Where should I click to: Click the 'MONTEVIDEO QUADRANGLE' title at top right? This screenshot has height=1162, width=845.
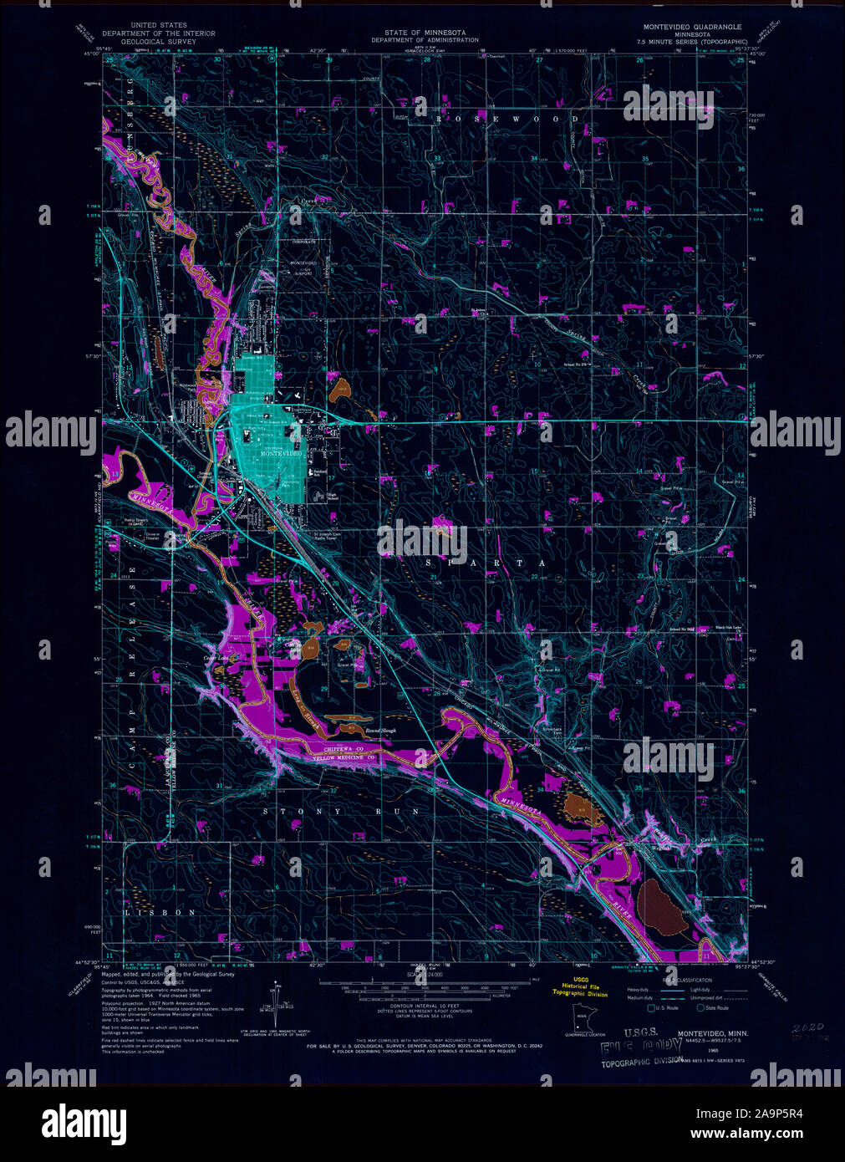(x=686, y=27)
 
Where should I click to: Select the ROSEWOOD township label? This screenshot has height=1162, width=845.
(x=506, y=120)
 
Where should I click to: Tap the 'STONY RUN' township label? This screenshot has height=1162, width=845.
(x=320, y=812)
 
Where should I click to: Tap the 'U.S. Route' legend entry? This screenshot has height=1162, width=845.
(x=666, y=1008)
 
